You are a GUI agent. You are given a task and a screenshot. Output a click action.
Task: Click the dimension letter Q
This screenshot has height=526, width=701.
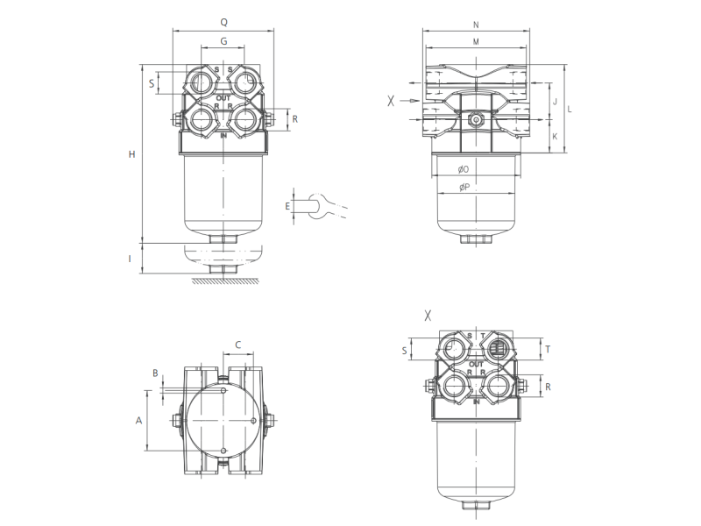[x=224, y=23]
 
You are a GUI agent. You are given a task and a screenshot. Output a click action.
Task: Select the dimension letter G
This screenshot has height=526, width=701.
[x=223, y=41]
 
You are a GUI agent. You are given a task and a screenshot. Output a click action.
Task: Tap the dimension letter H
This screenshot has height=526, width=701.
[x=132, y=154]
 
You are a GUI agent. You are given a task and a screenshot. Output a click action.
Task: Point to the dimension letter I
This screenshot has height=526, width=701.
[x=130, y=259]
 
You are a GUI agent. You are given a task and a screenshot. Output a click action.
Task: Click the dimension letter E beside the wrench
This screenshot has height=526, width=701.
[x=287, y=206]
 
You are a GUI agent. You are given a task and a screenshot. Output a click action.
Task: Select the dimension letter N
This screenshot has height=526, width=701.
[x=476, y=25]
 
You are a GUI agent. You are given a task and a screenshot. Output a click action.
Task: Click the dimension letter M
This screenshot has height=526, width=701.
[x=476, y=42]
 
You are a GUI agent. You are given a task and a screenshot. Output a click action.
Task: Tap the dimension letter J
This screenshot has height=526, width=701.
[x=556, y=102]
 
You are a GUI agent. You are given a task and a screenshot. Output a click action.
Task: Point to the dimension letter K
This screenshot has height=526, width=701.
[x=556, y=137]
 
